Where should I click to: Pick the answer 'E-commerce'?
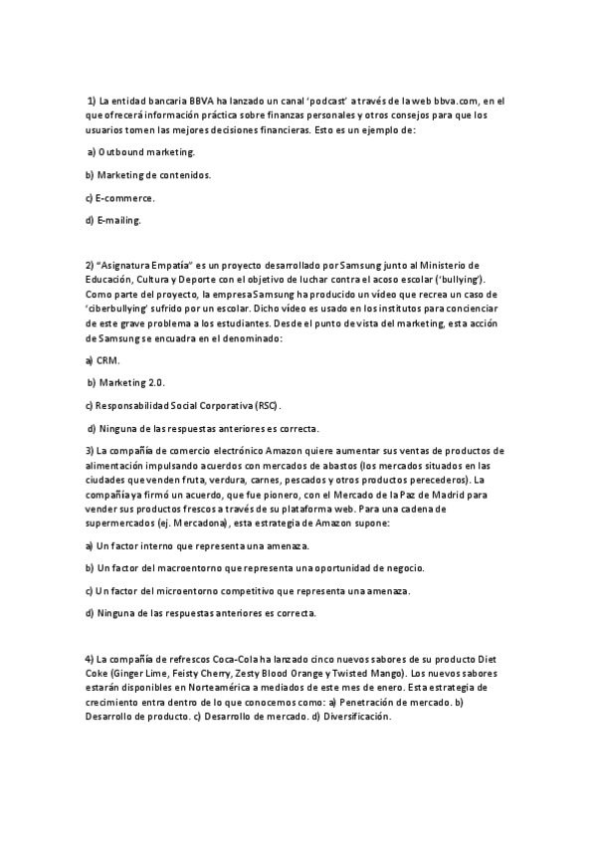(x=126, y=198)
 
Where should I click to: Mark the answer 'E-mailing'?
(x=119, y=220)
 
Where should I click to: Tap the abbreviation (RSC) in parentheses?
(x=267, y=405)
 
